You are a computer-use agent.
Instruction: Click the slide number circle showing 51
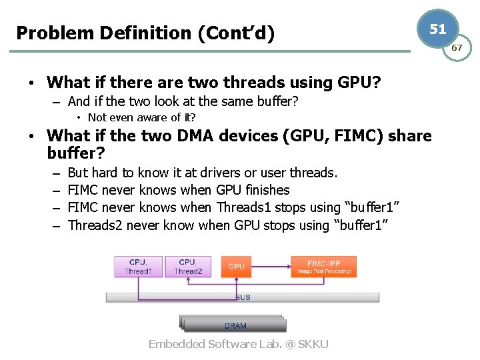click(437, 29)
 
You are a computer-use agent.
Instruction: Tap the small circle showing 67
click(457, 48)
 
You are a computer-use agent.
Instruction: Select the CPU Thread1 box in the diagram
click(138, 267)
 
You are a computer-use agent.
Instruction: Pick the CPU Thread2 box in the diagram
click(187, 267)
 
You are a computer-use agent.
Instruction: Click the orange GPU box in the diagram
click(236, 266)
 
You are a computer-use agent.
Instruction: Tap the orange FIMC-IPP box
click(323, 266)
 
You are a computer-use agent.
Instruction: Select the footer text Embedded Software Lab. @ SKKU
click(238, 344)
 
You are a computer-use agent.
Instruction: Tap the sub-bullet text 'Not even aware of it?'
click(141, 117)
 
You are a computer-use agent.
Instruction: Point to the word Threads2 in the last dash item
click(95, 225)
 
